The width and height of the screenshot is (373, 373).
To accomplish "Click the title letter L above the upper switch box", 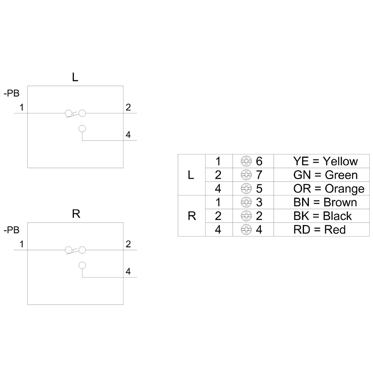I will [x=75, y=77].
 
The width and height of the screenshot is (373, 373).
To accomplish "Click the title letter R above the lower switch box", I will [x=76, y=214].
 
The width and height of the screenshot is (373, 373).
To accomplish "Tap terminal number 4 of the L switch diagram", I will [x=128, y=135].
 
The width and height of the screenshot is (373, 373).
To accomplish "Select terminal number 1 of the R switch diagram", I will [x=22, y=244].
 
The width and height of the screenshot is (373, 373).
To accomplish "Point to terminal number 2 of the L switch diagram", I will [x=128, y=107].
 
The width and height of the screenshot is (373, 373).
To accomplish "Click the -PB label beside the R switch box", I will [x=12, y=231].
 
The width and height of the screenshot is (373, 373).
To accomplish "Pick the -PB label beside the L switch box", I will [x=12, y=94].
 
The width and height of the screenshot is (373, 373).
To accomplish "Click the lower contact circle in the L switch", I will [x=82, y=128].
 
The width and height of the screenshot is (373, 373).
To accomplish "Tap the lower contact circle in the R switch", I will [x=82, y=265].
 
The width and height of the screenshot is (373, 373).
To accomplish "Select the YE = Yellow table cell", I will [x=325, y=161].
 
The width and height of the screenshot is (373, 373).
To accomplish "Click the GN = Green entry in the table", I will [x=325, y=175].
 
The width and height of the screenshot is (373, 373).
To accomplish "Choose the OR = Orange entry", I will [x=329, y=188].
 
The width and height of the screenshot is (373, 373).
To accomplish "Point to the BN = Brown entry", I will [x=325, y=202].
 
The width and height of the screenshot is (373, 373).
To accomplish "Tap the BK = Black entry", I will [x=322, y=216].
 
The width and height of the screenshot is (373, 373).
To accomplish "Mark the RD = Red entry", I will [x=319, y=229].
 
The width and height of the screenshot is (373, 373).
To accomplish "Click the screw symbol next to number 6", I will [x=245, y=161].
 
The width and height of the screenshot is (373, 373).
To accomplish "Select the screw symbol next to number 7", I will [x=245, y=175].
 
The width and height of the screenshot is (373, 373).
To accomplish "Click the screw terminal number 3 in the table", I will [x=259, y=202].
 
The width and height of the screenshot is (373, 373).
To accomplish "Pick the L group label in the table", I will [x=191, y=175].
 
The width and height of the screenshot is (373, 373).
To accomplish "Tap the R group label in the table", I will [x=192, y=216].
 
